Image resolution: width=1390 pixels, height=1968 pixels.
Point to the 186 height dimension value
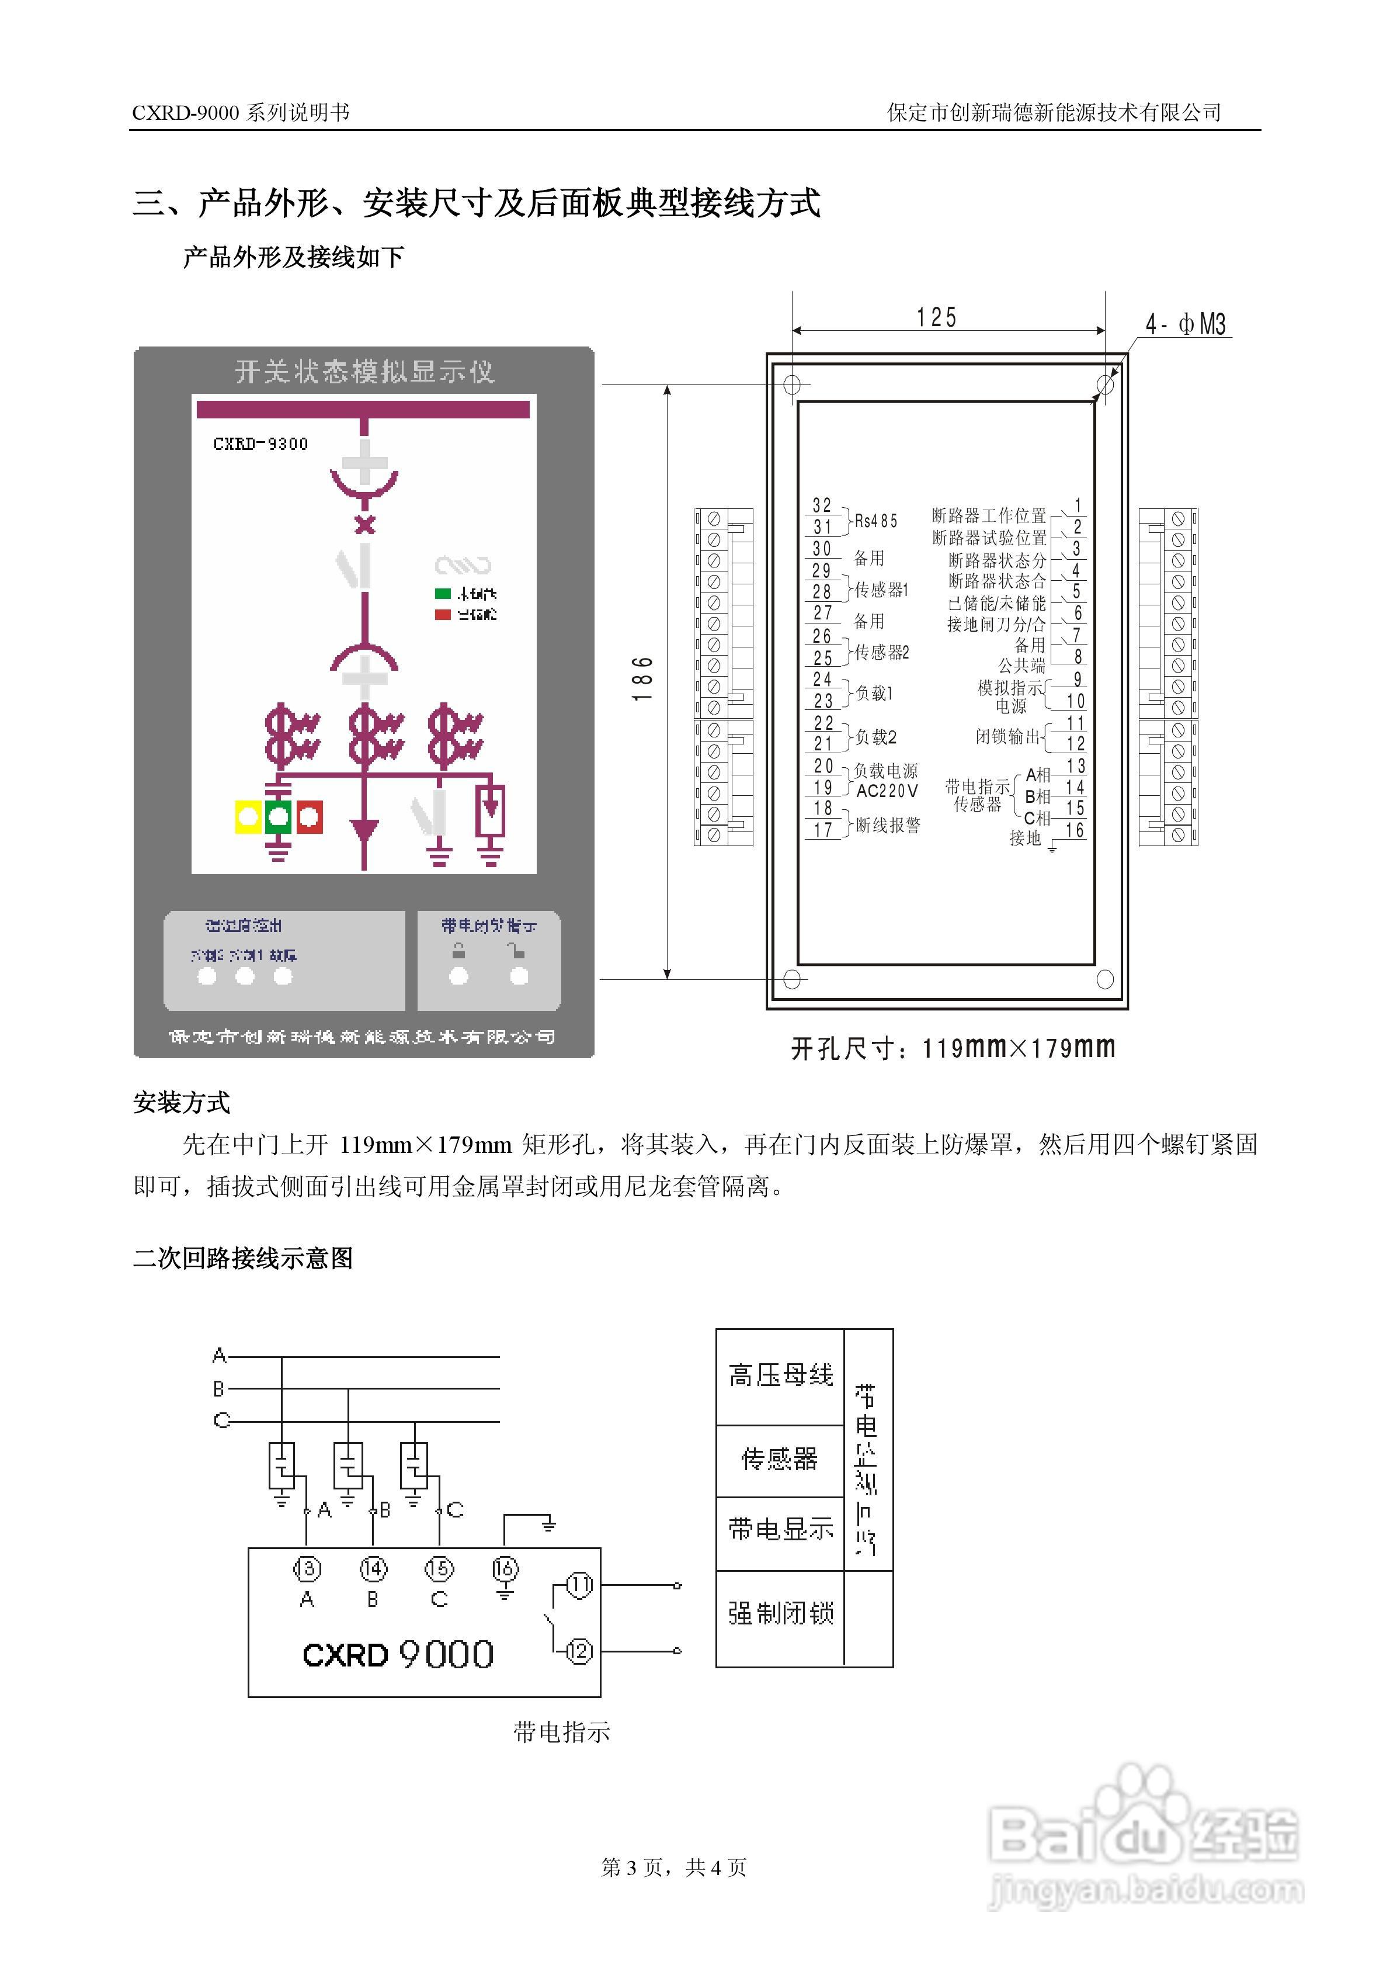pos(642,679)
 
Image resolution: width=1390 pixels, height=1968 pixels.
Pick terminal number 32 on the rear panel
pos(822,505)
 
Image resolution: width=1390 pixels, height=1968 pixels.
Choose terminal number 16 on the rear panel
pos(1075,830)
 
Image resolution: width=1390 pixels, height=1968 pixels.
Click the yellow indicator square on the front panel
pos(248,817)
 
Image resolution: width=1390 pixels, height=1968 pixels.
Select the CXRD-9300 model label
pos(260,444)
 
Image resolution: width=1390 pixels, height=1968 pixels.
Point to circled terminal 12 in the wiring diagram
pos(579,1651)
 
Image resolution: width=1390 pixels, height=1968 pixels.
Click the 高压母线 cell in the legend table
pos(780,1375)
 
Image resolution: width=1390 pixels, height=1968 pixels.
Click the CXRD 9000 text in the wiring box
pos(398,1654)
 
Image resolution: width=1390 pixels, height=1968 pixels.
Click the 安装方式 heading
pos(182,1102)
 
